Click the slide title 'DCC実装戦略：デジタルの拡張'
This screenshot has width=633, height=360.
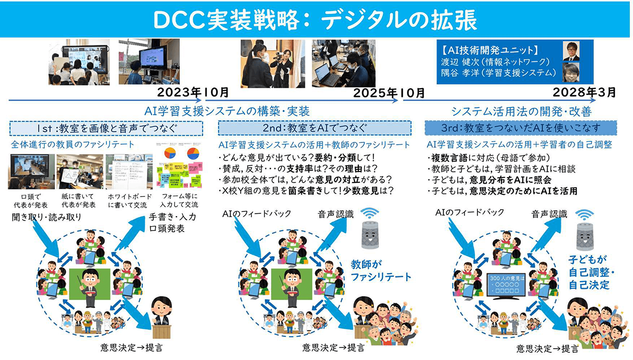(315, 20)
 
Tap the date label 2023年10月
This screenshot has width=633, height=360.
(193, 92)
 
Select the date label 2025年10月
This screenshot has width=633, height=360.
(389, 93)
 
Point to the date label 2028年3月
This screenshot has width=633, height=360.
(584, 92)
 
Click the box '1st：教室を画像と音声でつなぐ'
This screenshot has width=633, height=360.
(106, 128)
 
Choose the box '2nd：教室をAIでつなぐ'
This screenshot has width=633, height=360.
(315, 128)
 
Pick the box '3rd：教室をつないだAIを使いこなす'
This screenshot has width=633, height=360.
(520, 128)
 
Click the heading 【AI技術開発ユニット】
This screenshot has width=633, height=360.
(490, 50)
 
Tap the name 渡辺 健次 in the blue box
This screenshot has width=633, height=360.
(457, 62)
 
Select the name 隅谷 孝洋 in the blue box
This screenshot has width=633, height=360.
(457, 73)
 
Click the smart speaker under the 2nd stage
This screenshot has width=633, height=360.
(370, 235)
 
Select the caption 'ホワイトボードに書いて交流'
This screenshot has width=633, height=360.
(130, 201)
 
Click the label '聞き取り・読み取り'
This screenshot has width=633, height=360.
(47, 217)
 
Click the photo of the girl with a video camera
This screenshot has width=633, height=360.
(273, 64)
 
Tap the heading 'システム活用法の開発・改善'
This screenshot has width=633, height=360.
(521, 111)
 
